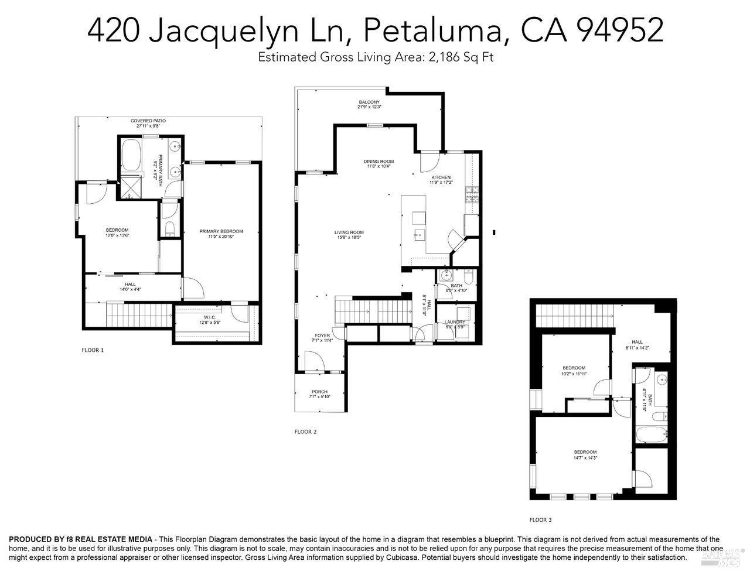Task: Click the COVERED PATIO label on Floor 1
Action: click(148, 121)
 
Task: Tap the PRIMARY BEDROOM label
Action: click(221, 231)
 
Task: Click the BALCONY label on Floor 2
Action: click(369, 102)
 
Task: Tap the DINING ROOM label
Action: click(379, 161)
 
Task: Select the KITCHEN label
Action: click(441, 177)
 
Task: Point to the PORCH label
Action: click(319, 392)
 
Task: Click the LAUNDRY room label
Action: click(455, 322)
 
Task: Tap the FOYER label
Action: click(322, 336)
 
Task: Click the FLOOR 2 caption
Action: click(305, 432)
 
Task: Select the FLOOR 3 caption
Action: click(540, 520)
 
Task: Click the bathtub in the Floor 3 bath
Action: click(650, 436)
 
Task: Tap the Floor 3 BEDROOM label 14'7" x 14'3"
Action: click(585, 452)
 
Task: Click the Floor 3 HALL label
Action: click(637, 342)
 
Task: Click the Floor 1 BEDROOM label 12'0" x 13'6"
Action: click(117, 230)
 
